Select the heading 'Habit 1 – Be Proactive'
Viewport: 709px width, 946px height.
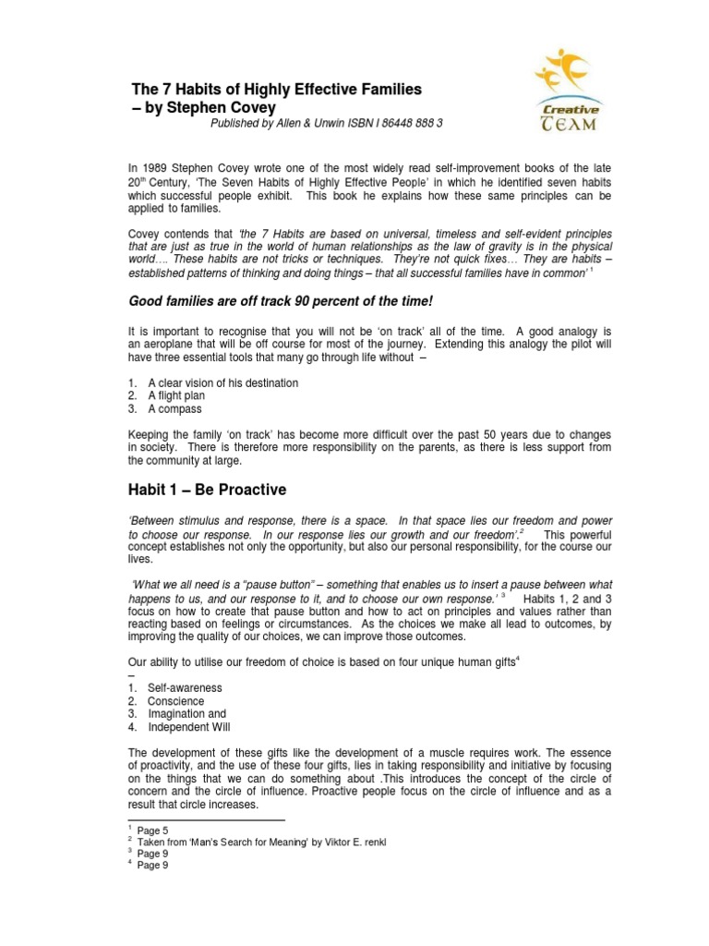click(206, 489)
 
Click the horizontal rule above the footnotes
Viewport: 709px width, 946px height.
click(206, 819)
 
